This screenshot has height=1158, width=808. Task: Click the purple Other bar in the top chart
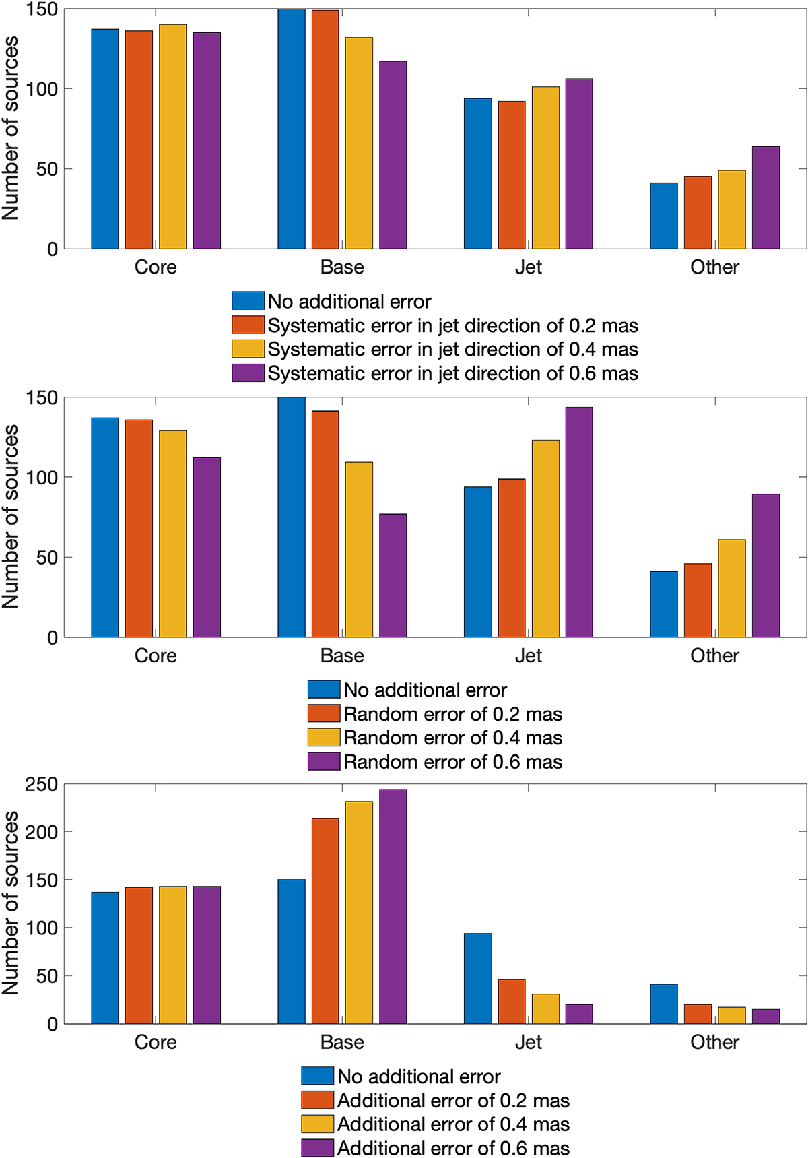point(766,197)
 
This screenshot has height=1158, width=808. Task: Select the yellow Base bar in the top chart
point(359,143)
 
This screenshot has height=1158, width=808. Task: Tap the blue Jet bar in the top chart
point(477,173)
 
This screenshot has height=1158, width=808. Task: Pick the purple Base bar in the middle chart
point(393,575)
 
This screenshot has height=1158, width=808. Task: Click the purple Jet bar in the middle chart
point(579,522)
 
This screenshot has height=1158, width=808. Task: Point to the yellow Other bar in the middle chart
point(732,588)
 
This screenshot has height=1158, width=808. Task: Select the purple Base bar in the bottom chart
point(393,906)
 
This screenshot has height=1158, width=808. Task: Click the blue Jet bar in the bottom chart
point(477,978)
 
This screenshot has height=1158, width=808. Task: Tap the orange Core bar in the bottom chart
point(139,955)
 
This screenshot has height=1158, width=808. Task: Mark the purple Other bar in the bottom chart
point(766,1016)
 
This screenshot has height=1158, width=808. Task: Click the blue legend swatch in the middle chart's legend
point(323,689)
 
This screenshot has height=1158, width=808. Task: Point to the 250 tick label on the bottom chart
point(42,785)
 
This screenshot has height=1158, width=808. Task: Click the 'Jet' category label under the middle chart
point(528,655)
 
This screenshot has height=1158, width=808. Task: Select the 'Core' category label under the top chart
point(156,267)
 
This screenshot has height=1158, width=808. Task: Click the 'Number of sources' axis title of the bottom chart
point(11,903)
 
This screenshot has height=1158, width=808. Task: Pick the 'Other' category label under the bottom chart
point(714,1042)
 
